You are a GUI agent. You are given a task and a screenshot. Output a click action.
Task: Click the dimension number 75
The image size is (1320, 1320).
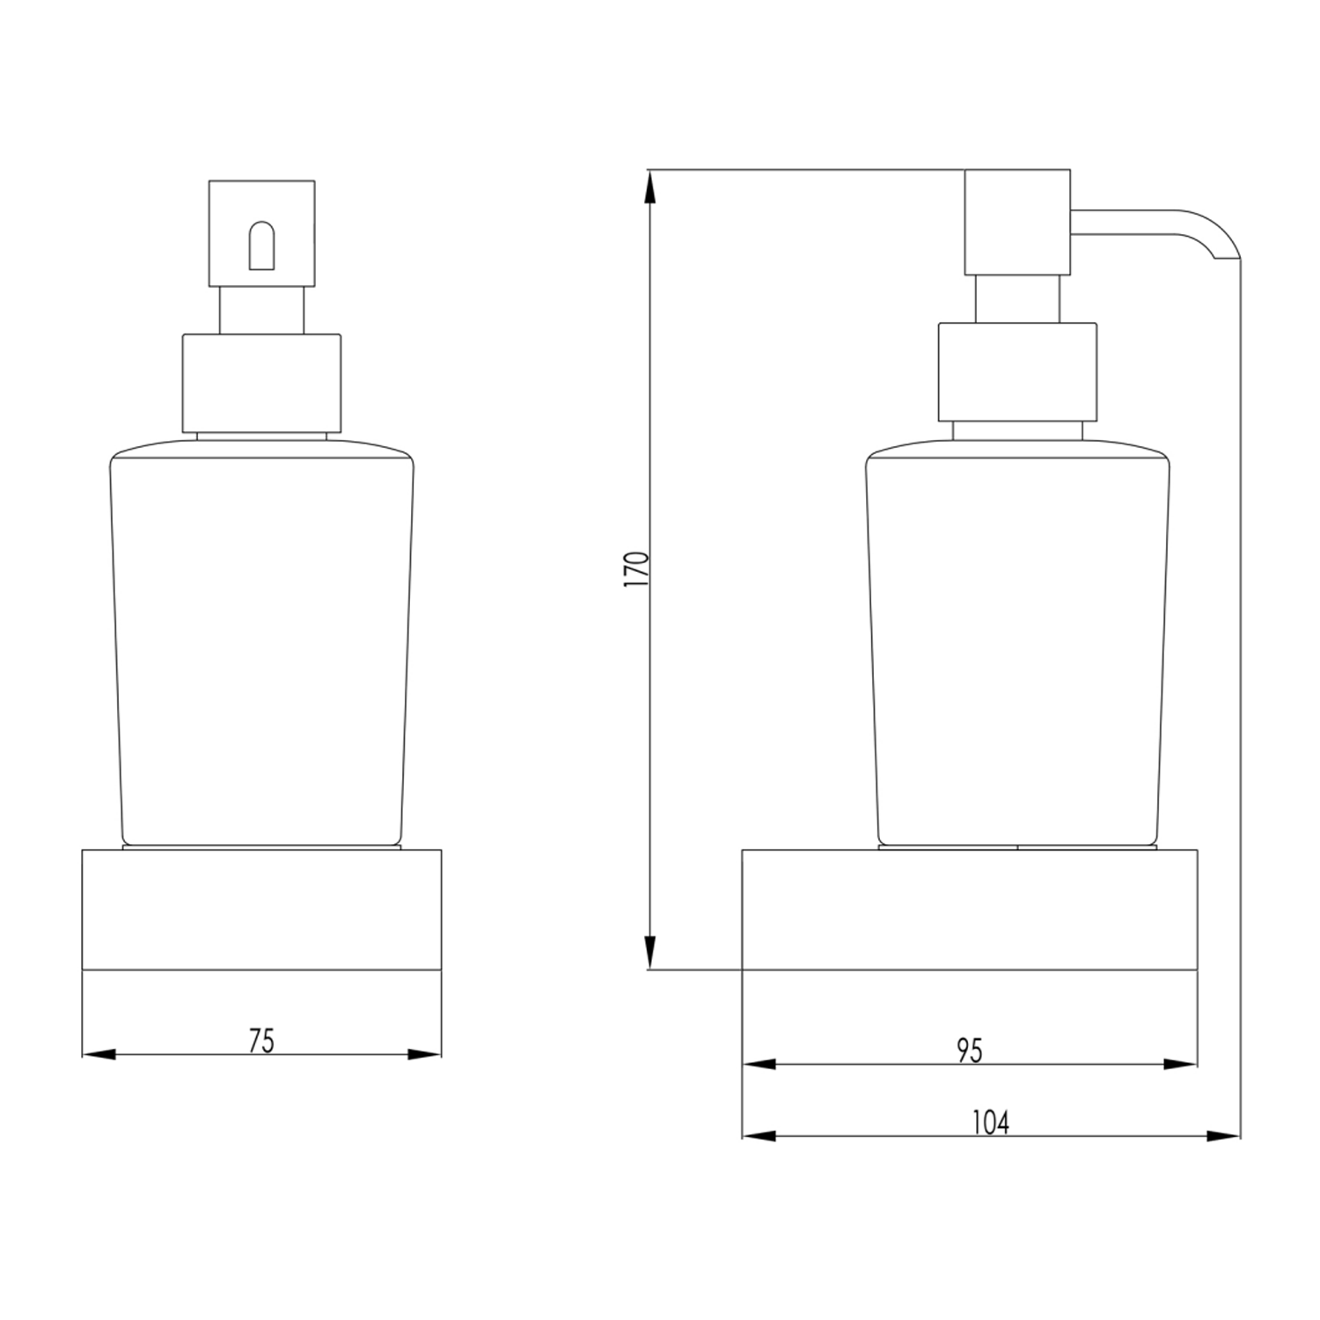pyautogui.click(x=261, y=1040)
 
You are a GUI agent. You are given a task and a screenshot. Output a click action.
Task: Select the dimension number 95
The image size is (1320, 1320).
pyautogui.click(x=969, y=1050)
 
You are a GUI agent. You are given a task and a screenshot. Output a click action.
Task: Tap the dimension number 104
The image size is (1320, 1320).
pyautogui.click(x=990, y=1122)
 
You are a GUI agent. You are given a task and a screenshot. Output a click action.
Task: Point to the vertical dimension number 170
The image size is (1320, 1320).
pyautogui.click(x=635, y=569)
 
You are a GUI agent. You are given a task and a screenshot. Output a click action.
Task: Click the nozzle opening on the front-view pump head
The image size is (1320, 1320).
pyautogui.click(x=262, y=246)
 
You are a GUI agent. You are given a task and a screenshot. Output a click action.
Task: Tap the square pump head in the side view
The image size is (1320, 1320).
pyautogui.click(x=1017, y=222)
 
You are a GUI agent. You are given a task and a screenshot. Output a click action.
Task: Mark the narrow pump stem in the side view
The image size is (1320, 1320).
pyautogui.click(x=1017, y=298)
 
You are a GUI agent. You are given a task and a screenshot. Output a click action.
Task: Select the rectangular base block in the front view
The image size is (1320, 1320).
pyautogui.click(x=261, y=909)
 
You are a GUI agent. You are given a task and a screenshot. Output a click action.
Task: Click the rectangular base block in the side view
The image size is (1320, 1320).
pyautogui.click(x=969, y=909)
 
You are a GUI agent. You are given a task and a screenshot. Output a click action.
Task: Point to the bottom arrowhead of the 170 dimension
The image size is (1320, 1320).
pyautogui.click(x=649, y=952)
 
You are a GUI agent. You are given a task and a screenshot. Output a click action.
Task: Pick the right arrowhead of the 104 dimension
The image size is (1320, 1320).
pyautogui.click(x=1223, y=1136)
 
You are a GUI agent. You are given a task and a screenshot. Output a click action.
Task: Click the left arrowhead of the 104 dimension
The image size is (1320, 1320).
pyautogui.click(x=759, y=1136)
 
